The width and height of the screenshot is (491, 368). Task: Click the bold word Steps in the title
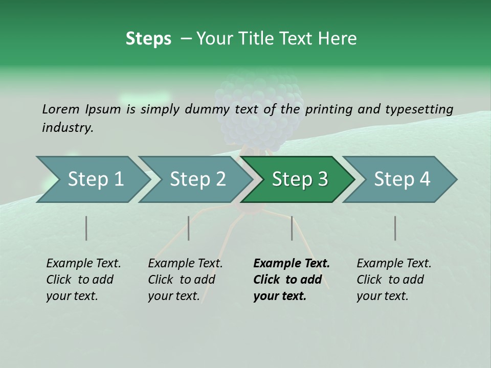click(148, 39)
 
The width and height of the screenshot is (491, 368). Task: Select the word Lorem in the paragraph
click(61, 109)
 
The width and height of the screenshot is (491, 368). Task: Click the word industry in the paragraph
click(67, 128)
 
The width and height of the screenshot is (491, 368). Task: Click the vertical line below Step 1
click(86, 228)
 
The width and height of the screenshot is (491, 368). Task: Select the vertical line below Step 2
click(189, 228)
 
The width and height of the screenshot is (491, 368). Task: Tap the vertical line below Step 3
click(292, 228)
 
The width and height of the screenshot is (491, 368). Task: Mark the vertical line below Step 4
click(395, 228)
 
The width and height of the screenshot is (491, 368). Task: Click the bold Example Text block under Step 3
click(291, 280)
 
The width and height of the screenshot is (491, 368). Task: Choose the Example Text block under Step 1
click(83, 280)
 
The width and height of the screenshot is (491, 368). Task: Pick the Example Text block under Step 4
click(394, 280)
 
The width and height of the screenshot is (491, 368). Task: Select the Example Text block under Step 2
click(185, 280)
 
